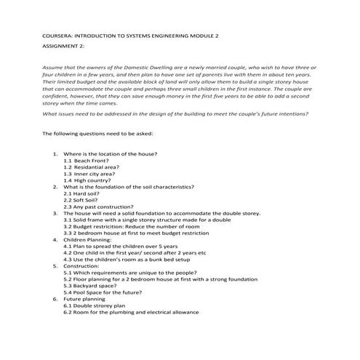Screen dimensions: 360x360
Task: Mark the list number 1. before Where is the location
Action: (x=56, y=154)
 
